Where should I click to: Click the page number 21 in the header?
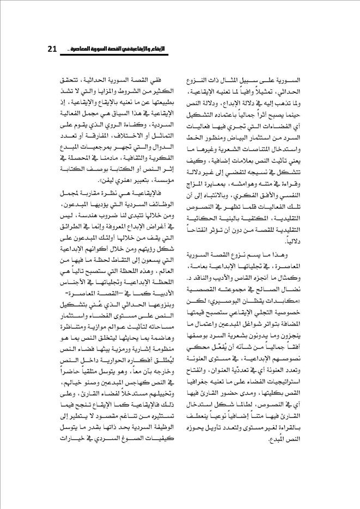[53, 49]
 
